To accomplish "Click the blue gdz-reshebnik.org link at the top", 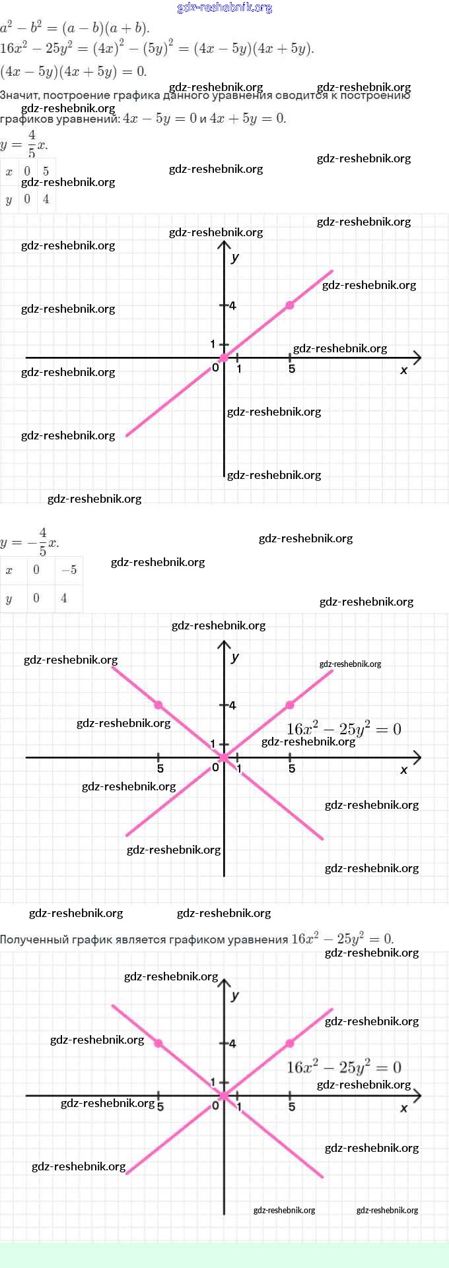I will coord(224,8).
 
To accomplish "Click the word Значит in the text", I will coord(18,95).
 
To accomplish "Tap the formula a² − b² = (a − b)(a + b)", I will coord(75,28).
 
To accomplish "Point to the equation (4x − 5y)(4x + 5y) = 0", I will coord(73,71).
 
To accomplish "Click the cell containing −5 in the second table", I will coord(69,570).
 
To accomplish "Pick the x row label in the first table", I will coord(9,172).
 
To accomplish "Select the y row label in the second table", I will coord(9,598).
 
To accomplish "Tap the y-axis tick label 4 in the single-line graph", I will coord(232,305).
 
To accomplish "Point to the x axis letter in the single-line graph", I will coord(403,370).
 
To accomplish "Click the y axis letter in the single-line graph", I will coord(236,257).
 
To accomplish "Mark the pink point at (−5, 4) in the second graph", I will coord(158,705).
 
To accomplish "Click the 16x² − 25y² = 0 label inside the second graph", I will coord(343,729).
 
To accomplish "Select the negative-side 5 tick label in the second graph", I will coord(160,769).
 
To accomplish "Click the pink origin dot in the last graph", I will coord(224,1096).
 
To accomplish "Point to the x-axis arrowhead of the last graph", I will coord(417,1096).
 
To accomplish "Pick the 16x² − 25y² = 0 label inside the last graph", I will coord(343,1067).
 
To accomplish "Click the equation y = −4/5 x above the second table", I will coord(30,542).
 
